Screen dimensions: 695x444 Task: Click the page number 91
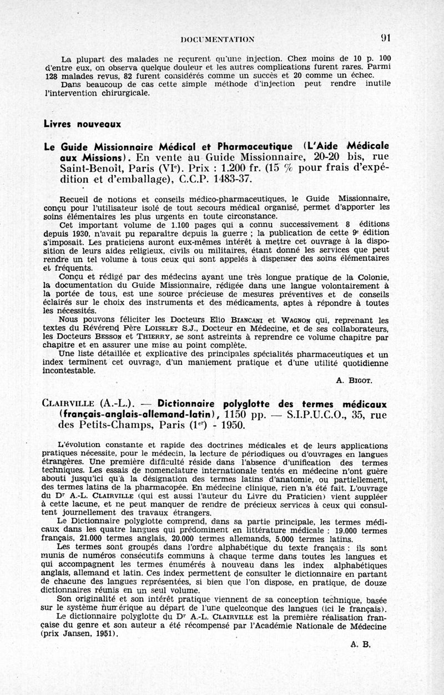[386, 38]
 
